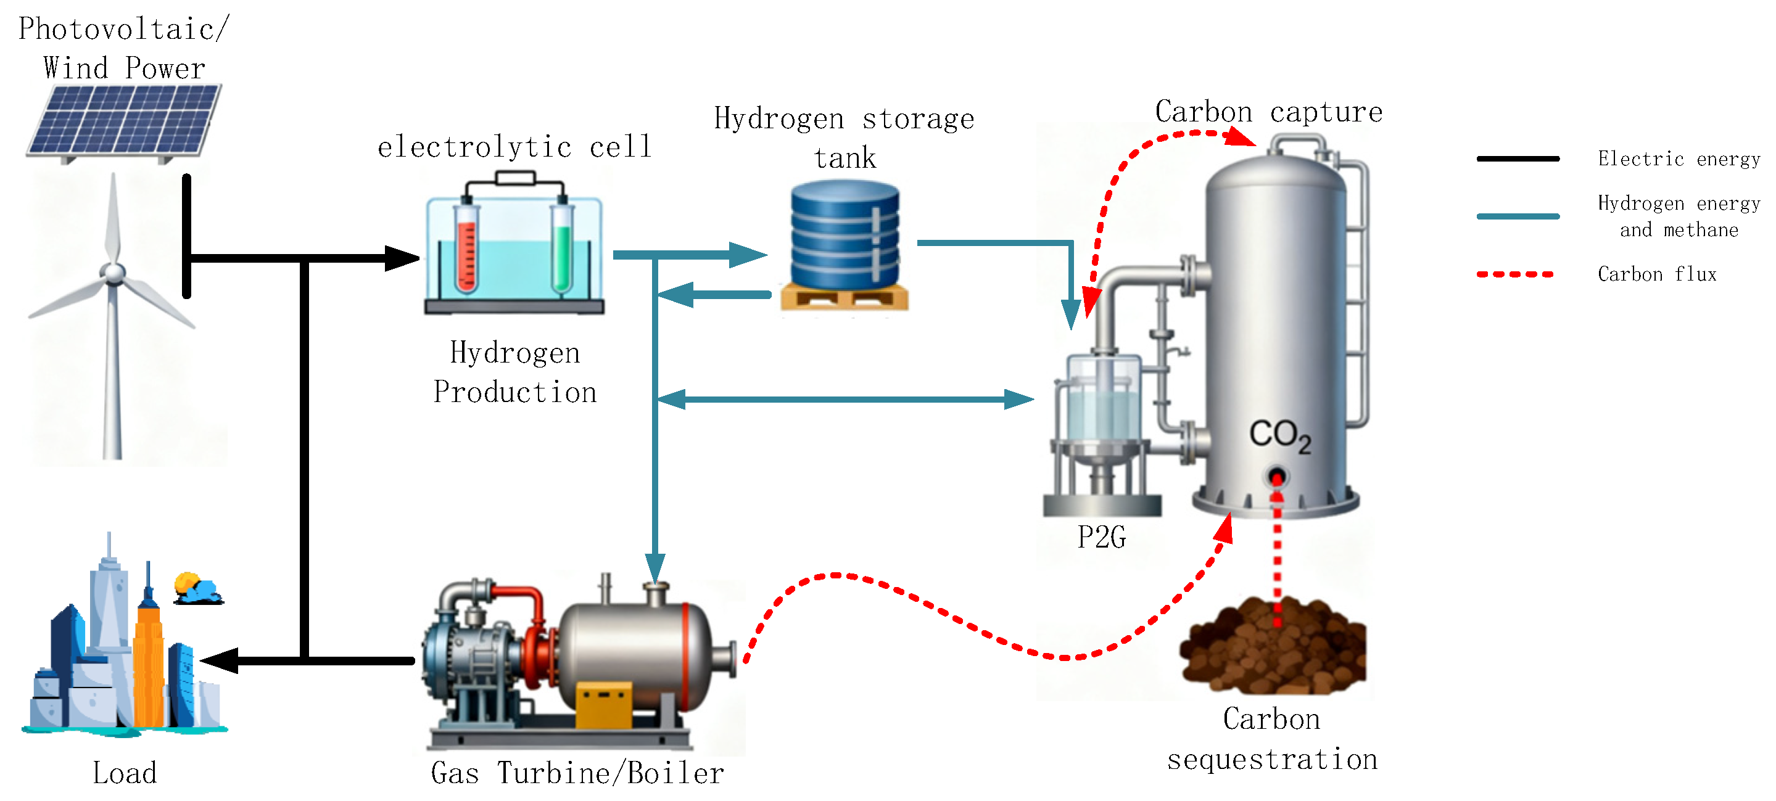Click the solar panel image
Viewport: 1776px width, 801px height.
tap(124, 121)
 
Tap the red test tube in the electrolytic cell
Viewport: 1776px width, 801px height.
tap(466, 248)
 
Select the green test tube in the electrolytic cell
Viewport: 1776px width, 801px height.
tap(562, 248)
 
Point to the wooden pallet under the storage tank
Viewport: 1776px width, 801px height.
tap(844, 298)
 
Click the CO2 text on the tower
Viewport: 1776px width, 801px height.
tap(1279, 436)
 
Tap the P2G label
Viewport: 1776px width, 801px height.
tap(1101, 537)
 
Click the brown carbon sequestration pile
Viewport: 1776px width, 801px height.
tap(1272, 648)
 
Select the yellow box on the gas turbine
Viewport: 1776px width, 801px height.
tap(603, 703)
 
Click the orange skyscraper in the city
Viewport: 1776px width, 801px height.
tap(147, 662)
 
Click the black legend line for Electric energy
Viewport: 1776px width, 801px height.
tap(1518, 158)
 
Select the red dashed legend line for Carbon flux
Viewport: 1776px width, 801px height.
tap(1516, 274)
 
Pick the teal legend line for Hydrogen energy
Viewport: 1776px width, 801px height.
tap(1518, 216)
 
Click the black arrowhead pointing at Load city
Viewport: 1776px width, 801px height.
tap(221, 660)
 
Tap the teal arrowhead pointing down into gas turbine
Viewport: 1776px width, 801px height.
tap(655, 568)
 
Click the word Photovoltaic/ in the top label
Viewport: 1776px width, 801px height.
tap(123, 29)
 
